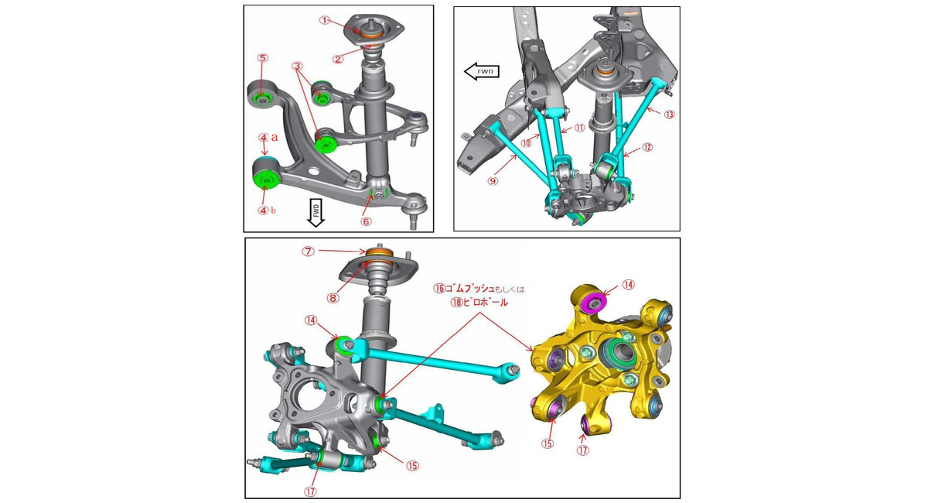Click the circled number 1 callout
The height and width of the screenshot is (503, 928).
(326, 20)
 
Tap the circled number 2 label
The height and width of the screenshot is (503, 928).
(338, 60)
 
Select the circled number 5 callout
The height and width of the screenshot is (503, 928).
(263, 57)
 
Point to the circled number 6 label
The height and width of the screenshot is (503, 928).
(366, 221)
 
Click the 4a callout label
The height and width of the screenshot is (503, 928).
(268, 137)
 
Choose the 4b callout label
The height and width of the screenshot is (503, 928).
(268, 210)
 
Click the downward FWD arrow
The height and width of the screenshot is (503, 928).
(316, 213)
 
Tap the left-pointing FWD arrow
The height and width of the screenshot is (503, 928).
(481, 71)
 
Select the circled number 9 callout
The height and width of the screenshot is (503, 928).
(493, 181)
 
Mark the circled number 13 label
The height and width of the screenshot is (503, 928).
(669, 115)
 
